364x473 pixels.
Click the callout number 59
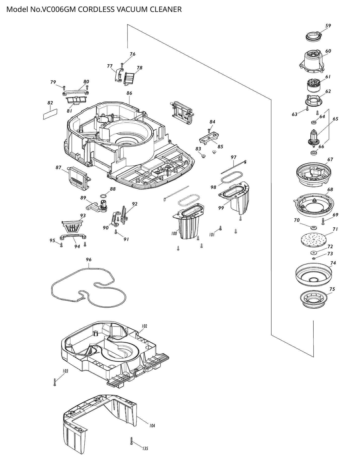pos(328,26)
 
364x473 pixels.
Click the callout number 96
pos(88,260)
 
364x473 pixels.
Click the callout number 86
pos(129,93)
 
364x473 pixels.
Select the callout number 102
pos(144,326)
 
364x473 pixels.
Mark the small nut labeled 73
pos(314,258)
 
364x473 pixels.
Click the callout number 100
pos(174,233)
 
